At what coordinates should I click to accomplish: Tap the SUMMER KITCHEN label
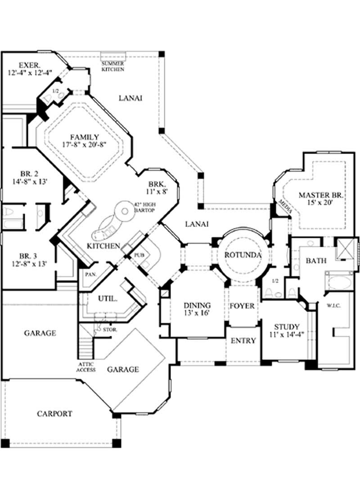pyautogui.click(x=112, y=67)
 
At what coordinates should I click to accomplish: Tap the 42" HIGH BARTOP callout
pyautogui.click(x=144, y=207)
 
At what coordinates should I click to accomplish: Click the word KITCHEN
pyautogui.click(x=103, y=246)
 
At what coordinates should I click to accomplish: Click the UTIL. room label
pyautogui.click(x=108, y=298)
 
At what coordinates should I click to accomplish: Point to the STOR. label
pyautogui.click(x=110, y=330)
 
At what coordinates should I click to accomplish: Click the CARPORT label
pyautogui.click(x=54, y=413)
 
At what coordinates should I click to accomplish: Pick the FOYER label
pyautogui.click(x=242, y=306)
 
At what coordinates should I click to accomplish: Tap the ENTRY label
pyautogui.click(x=243, y=341)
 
